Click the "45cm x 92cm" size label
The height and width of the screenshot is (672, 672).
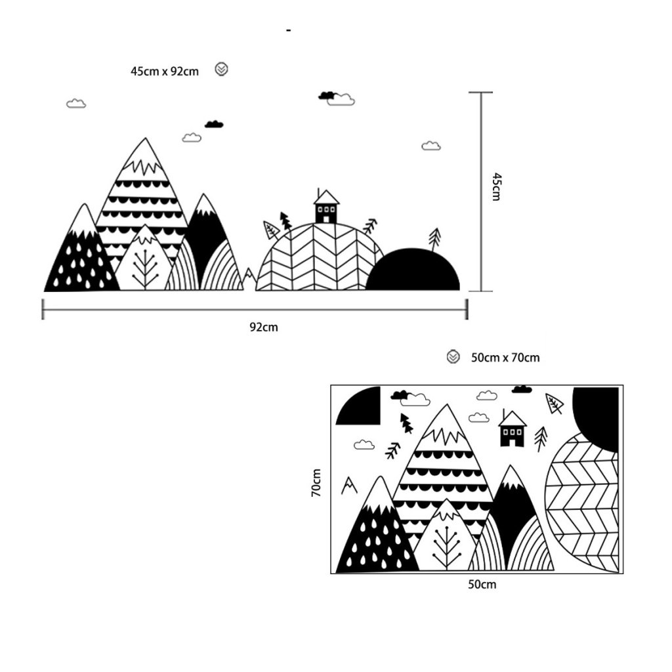(164, 72)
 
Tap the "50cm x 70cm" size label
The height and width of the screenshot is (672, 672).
(505, 358)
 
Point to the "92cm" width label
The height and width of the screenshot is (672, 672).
(263, 327)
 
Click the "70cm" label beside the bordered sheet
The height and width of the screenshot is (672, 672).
(317, 482)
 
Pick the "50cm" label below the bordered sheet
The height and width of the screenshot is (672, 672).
(482, 585)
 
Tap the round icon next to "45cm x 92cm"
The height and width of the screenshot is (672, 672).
(222, 70)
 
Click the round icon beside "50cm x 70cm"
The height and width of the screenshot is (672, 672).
(453, 357)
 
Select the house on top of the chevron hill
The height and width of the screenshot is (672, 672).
(326, 207)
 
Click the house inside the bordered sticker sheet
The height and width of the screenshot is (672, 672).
(513, 429)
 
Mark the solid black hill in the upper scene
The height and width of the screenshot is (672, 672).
(413, 270)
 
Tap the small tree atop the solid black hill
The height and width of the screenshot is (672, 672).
(434, 238)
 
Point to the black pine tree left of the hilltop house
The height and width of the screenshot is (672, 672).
(285, 220)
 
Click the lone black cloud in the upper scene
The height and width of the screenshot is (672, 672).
(214, 124)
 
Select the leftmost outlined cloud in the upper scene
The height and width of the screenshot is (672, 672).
(76, 104)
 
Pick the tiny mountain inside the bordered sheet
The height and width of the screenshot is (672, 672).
(349, 485)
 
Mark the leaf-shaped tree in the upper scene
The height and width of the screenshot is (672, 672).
(270, 229)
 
